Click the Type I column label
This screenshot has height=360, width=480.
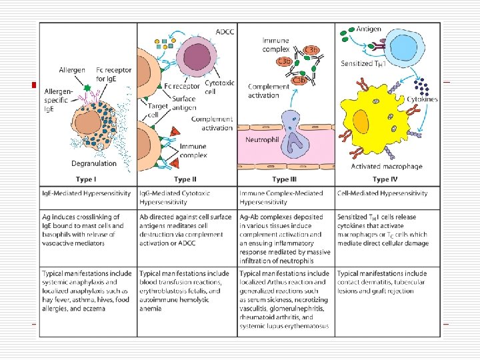point(87,179)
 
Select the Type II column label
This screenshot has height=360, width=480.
point(185,179)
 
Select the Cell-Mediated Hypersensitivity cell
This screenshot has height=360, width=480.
point(382,193)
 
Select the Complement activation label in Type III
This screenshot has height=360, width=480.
point(268,91)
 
